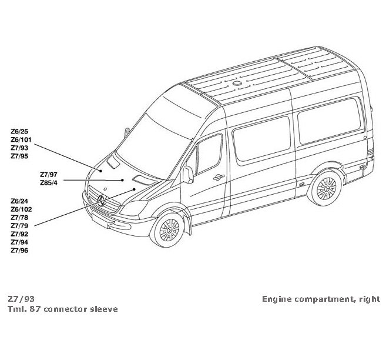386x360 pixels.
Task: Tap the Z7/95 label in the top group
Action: tap(19, 156)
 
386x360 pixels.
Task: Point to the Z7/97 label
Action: tap(48, 175)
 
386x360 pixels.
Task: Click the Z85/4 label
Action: tap(48, 183)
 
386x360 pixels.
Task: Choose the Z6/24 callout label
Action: tap(19, 201)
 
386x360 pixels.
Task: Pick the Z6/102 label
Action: tap(21, 209)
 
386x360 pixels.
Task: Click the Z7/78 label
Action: tap(19, 217)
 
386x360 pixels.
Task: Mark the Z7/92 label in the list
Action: tap(19, 234)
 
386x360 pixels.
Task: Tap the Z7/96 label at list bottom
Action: tap(19, 250)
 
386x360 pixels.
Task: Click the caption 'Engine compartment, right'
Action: tap(321, 299)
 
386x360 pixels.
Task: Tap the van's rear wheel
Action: tap(325, 188)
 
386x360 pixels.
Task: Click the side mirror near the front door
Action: tap(189, 174)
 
